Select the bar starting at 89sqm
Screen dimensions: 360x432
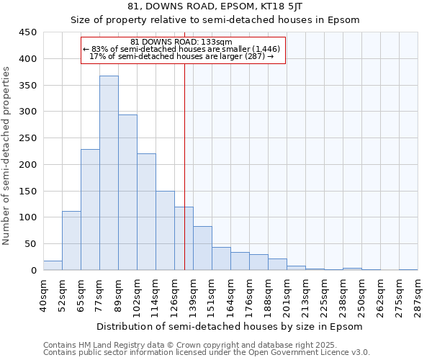coord(127,192)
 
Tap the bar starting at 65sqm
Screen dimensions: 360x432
coord(90,210)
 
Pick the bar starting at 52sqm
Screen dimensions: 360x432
coord(71,240)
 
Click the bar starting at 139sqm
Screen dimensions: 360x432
coord(202,248)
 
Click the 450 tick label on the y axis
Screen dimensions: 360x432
coord(28,32)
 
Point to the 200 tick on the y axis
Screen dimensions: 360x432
coord(28,165)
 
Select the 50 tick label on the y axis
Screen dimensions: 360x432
coord(31,244)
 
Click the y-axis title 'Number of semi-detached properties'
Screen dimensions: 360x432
coord(7,156)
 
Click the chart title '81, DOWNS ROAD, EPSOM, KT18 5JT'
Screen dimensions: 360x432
coord(215,6)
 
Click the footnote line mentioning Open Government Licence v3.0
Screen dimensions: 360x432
coord(207,353)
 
